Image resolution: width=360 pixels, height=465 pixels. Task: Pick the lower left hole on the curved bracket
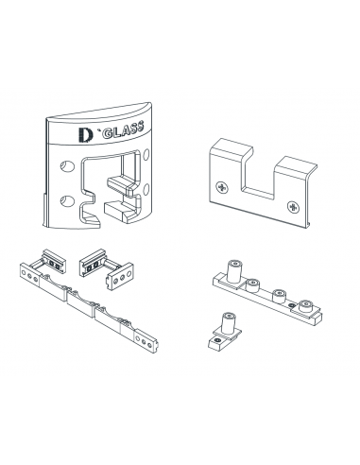click(x=65, y=200)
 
